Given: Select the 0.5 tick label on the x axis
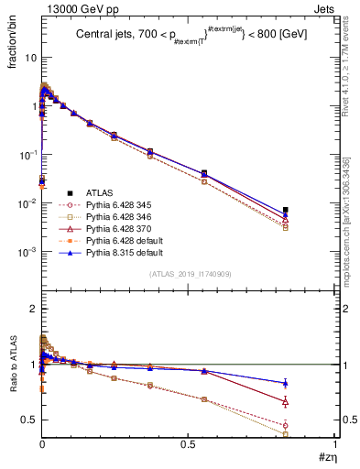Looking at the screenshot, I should (188, 444).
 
